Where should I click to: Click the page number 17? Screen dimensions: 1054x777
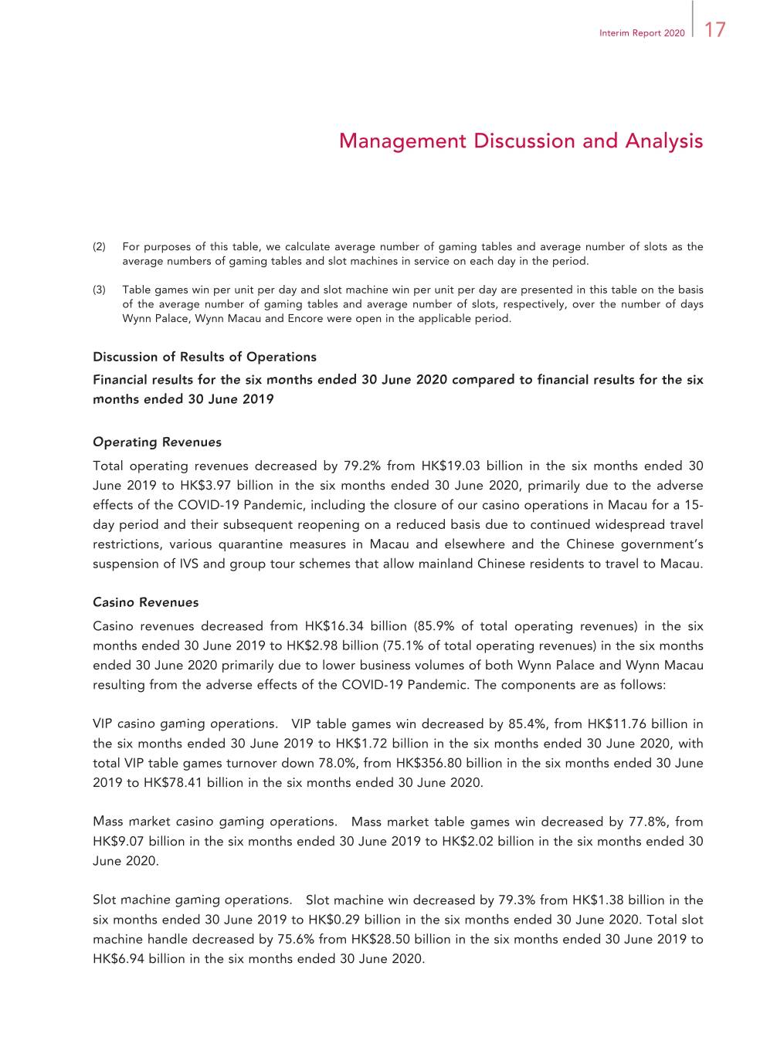715,30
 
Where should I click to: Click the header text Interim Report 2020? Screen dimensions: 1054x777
641,33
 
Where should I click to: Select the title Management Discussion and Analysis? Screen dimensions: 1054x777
521,141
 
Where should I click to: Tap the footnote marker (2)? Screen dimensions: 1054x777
99,247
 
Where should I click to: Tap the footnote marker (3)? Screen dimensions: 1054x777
99,290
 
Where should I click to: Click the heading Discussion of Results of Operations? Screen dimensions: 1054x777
205,357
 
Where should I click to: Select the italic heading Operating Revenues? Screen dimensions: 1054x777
157,442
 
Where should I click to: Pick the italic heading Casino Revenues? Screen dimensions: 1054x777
145,602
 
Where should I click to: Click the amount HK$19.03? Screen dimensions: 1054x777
450,466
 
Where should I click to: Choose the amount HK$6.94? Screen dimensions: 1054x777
119,959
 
